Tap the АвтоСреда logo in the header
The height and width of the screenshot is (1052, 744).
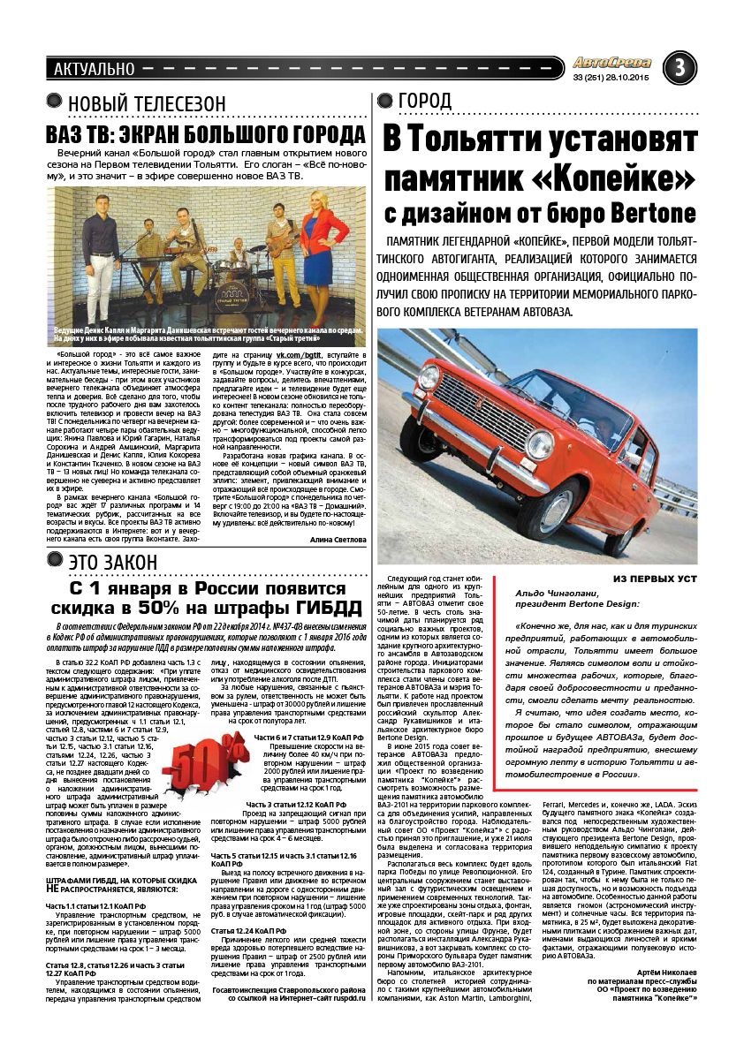611,63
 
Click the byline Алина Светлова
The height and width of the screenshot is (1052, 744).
338,539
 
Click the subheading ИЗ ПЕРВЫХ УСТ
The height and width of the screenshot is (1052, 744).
655,578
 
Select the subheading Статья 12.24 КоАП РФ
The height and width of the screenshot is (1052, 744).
248,931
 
